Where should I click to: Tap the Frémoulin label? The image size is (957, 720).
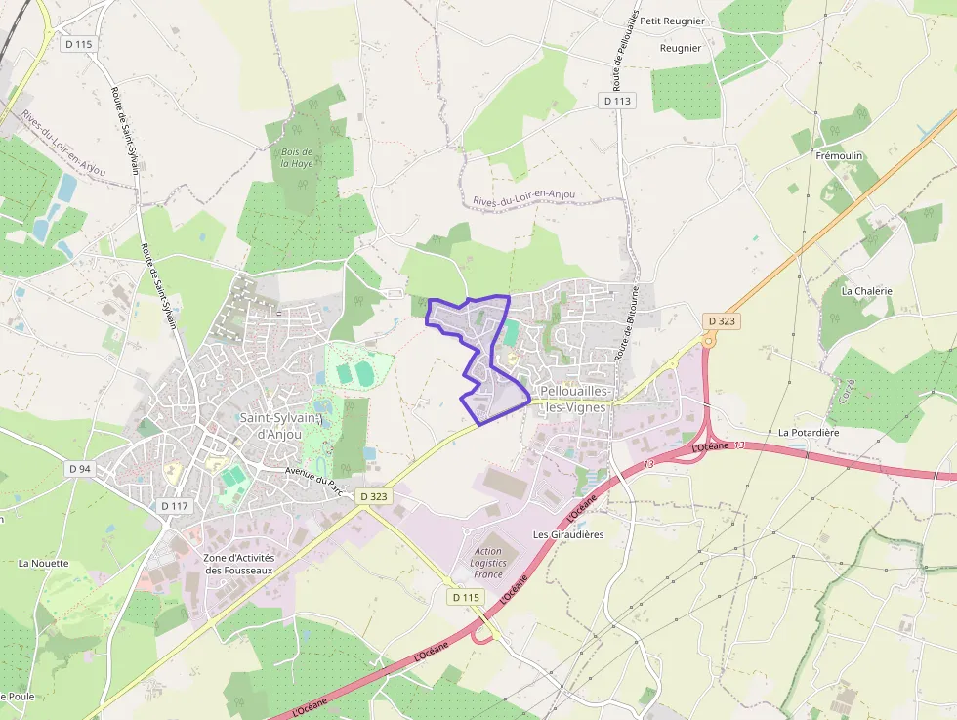[x=839, y=156]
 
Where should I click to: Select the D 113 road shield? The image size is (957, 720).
[x=618, y=101]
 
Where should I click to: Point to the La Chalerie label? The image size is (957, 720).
[x=866, y=291]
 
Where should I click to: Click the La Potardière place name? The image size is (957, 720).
[x=809, y=432]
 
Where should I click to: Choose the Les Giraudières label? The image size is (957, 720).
[x=568, y=535]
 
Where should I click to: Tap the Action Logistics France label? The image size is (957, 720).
[x=488, y=564]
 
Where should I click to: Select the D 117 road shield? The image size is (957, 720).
[x=174, y=506]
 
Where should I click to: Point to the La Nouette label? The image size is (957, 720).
[x=44, y=564]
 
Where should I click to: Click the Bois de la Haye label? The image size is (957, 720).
[x=296, y=157]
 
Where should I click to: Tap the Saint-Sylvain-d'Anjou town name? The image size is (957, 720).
[x=280, y=426]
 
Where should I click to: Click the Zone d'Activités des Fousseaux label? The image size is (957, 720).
[x=239, y=564]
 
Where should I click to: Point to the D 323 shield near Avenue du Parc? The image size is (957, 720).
[x=374, y=496]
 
